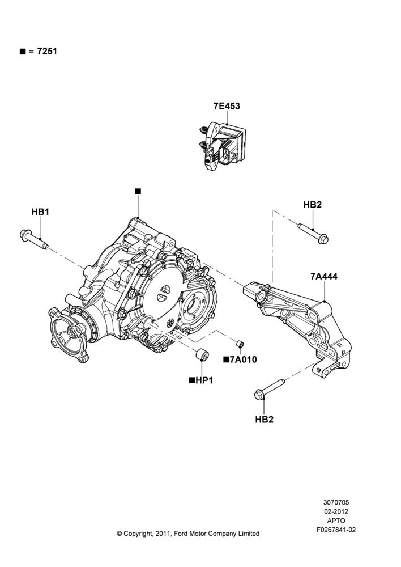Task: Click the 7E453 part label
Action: [227, 106]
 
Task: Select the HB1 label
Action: [40, 211]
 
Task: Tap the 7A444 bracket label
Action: [324, 276]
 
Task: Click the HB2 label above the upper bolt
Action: [312, 205]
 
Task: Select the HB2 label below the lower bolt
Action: [264, 420]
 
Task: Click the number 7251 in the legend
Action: [48, 52]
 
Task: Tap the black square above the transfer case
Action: [138, 191]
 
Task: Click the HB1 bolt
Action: [33, 239]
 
